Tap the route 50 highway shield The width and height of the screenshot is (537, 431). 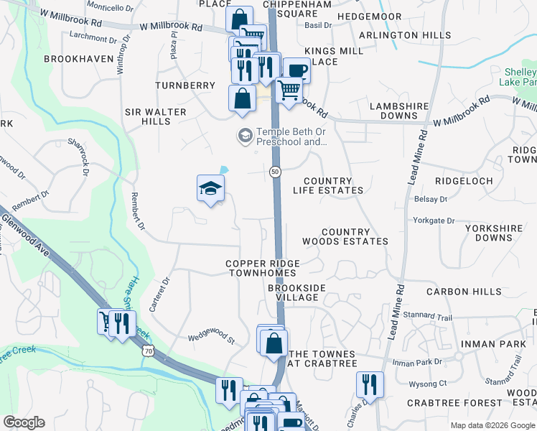pos(276,172)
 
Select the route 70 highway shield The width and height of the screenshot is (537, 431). pos(149,351)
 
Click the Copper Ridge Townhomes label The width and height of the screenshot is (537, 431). pos(262,269)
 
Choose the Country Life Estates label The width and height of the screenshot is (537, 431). pos(327,186)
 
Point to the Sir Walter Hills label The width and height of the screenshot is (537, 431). pos(155,116)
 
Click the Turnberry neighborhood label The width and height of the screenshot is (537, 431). pos(185,85)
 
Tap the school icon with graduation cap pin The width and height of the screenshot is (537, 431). pos(211,189)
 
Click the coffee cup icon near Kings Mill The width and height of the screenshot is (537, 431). pos(296,70)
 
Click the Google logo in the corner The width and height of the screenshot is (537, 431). pos(24,422)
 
